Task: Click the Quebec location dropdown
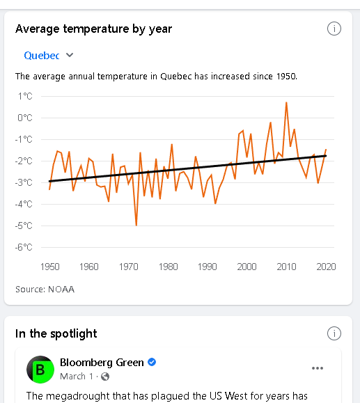[x=49, y=55]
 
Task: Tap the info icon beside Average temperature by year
[x=334, y=29]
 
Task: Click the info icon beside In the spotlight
[x=334, y=333]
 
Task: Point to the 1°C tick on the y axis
[x=25, y=96]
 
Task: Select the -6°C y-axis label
[x=24, y=247]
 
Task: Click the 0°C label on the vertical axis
[x=25, y=118]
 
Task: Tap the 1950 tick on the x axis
[x=50, y=267]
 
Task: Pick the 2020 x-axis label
[x=326, y=267]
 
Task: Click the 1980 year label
[x=169, y=267]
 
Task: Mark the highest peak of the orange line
[x=286, y=102]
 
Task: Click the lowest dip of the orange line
[x=136, y=225]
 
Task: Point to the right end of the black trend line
[x=326, y=156]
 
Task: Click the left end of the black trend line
[x=49, y=181]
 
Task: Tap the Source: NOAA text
[x=45, y=289]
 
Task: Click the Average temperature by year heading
[x=93, y=29]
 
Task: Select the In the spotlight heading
[x=56, y=333]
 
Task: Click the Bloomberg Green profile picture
[x=40, y=370]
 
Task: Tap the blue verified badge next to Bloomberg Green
[x=152, y=362]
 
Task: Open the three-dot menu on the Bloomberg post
[x=318, y=368]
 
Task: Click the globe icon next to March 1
[x=105, y=377]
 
